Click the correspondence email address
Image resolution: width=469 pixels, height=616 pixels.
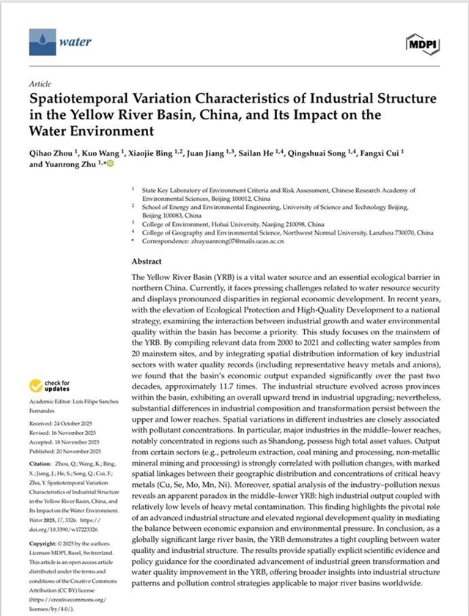tap(220, 241)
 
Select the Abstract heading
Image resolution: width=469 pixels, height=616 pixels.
tap(147, 262)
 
